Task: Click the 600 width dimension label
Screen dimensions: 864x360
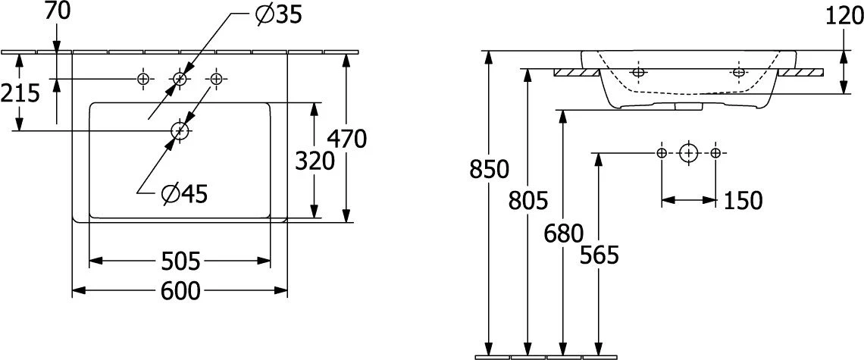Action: [x=180, y=290]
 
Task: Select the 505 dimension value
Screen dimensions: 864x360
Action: [x=180, y=261]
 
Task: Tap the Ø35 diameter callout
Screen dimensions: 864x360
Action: [x=280, y=15]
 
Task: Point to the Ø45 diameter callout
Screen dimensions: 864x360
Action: [x=185, y=193]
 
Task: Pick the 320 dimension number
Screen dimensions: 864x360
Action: [x=315, y=161]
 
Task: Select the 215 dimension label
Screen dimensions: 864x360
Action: [x=20, y=94]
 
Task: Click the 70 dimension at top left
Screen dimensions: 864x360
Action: [x=58, y=11]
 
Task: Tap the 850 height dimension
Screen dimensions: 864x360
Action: [x=489, y=170]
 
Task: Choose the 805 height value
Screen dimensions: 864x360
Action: [x=528, y=200]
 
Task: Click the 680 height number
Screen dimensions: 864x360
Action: [x=563, y=233]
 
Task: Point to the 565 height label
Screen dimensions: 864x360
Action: [x=600, y=255]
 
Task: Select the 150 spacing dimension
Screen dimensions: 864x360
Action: [x=742, y=201]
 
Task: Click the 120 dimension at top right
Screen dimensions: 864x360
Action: [x=844, y=17]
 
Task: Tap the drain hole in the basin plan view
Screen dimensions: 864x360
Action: [x=180, y=130]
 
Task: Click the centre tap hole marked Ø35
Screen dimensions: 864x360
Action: [x=180, y=80]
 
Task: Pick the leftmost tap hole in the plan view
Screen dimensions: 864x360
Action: [x=143, y=80]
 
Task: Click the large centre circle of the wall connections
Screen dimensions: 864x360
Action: [x=687, y=152]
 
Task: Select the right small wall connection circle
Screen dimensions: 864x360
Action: [x=715, y=152]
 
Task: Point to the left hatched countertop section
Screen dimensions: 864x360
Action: [x=576, y=72]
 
